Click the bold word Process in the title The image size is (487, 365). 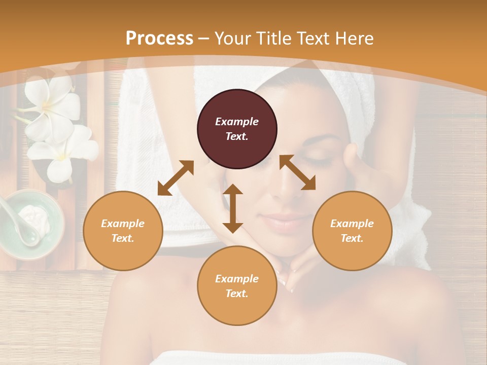[x=159, y=39]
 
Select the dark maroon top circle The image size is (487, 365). [x=237, y=129]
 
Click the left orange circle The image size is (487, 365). [x=123, y=231]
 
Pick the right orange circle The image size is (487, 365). [x=352, y=231]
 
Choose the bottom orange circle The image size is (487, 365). [x=237, y=286]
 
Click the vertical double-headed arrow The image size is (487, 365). [x=233, y=208]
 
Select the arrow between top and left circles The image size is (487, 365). [x=176, y=177]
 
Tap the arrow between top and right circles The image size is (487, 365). [x=297, y=172]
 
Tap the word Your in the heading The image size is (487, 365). [x=232, y=39]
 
